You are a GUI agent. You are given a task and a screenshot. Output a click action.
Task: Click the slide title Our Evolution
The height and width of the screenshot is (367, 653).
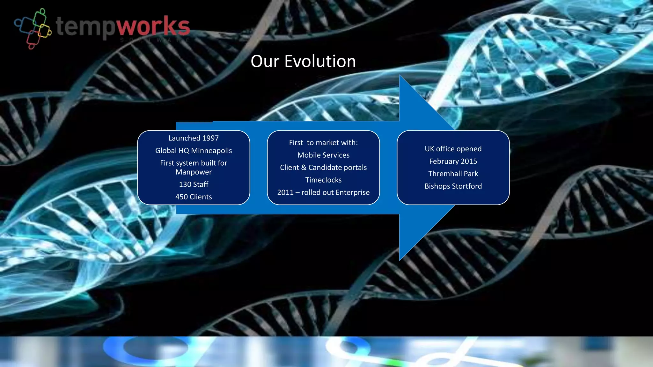pyautogui.click(x=303, y=61)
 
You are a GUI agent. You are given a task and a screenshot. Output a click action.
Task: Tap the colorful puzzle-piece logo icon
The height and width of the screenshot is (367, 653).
pyautogui.click(x=33, y=29)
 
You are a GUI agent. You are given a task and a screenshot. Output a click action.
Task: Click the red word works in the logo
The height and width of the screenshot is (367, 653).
pyautogui.click(x=153, y=26)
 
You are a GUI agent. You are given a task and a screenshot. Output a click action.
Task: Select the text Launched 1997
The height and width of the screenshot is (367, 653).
pyautogui.click(x=194, y=138)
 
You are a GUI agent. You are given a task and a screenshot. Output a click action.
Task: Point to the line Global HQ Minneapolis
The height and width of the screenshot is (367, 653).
pyautogui.click(x=194, y=151)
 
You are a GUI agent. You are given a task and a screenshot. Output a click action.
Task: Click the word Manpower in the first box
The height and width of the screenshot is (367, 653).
pyautogui.click(x=194, y=172)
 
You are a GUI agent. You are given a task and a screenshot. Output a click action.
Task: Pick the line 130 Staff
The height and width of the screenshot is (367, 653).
pyautogui.click(x=194, y=184)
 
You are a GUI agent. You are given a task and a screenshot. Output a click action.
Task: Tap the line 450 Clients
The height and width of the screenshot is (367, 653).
pyautogui.click(x=194, y=197)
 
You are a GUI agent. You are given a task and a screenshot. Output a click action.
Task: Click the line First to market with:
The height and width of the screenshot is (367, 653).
pyautogui.click(x=323, y=143)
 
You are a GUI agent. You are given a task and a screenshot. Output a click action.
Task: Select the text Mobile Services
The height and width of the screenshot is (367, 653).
pyautogui.click(x=323, y=155)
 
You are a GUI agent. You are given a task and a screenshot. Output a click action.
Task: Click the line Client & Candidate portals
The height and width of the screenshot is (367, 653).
pyautogui.click(x=323, y=168)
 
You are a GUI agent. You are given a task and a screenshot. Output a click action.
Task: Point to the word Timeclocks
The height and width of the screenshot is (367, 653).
pyautogui.click(x=323, y=180)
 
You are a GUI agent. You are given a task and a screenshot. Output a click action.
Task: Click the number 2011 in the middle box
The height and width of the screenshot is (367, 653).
pyautogui.click(x=285, y=192)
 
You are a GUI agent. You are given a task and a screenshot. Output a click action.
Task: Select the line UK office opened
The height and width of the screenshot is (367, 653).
pyautogui.click(x=453, y=149)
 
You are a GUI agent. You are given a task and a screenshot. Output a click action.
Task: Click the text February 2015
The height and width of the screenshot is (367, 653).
pyautogui.click(x=453, y=161)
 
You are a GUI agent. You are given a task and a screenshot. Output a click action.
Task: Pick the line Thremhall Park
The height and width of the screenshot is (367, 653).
pyautogui.click(x=453, y=174)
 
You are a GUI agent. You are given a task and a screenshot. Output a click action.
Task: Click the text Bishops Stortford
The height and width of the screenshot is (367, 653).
pyautogui.click(x=453, y=186)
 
